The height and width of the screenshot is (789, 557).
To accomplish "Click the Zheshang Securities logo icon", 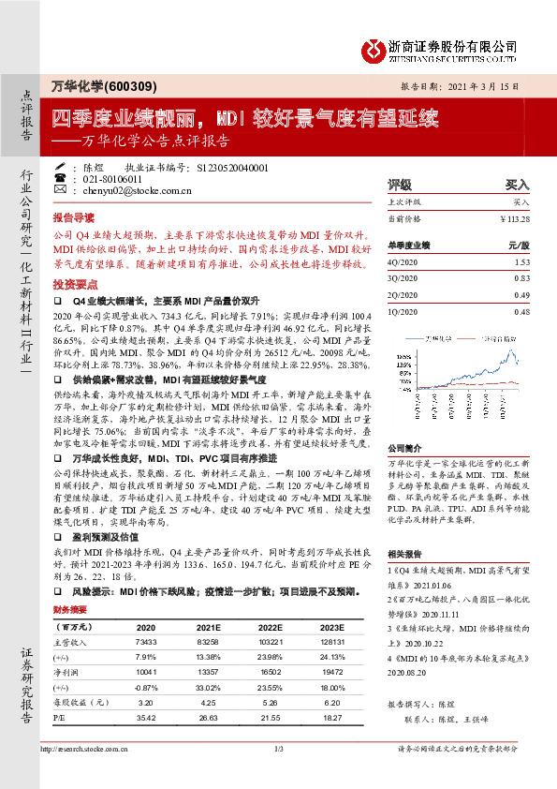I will [x=372, y=45].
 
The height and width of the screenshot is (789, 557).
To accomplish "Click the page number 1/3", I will [x=278, y=775].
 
